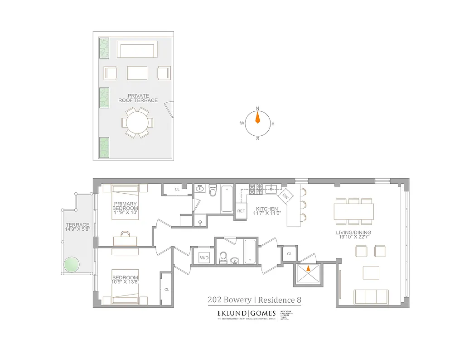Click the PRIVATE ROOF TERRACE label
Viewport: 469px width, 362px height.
[138, 98]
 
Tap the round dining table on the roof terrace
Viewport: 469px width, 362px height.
[137, 122]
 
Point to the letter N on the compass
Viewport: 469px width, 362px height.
[257, 108]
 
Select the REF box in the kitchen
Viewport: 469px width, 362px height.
[241, 211]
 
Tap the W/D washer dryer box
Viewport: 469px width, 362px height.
[204, 258]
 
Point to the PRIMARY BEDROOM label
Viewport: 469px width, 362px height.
[126, 206]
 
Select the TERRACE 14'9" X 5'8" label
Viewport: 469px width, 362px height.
[77, 228]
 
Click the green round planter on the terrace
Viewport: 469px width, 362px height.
[71, 265]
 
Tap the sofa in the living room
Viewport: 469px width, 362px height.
[371, 297]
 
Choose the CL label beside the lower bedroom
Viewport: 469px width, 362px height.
[166, 289]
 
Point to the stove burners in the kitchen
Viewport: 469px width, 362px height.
[256, 189]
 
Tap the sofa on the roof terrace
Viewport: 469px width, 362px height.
[137, 49]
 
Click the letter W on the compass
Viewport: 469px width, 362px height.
[242, 123]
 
